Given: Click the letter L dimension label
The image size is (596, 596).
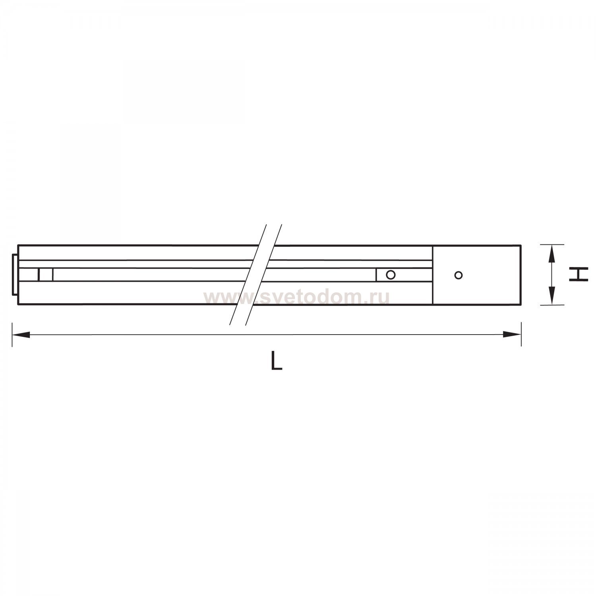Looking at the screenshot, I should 276,361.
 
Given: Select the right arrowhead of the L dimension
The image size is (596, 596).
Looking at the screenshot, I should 513,335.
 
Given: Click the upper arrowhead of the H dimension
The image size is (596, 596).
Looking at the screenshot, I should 552,254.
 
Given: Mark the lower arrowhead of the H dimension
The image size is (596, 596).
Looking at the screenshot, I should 552,296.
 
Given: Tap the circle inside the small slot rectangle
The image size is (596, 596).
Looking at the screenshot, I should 391,275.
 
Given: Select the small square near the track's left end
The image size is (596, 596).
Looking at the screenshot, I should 46,275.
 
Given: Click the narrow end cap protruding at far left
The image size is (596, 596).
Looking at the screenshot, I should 15,275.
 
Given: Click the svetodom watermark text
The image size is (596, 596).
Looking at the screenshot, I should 296,297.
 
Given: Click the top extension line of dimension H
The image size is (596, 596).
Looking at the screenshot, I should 552,245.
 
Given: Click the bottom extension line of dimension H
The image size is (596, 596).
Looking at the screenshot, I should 552,305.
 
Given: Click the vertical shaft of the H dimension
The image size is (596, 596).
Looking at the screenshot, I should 552,275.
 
